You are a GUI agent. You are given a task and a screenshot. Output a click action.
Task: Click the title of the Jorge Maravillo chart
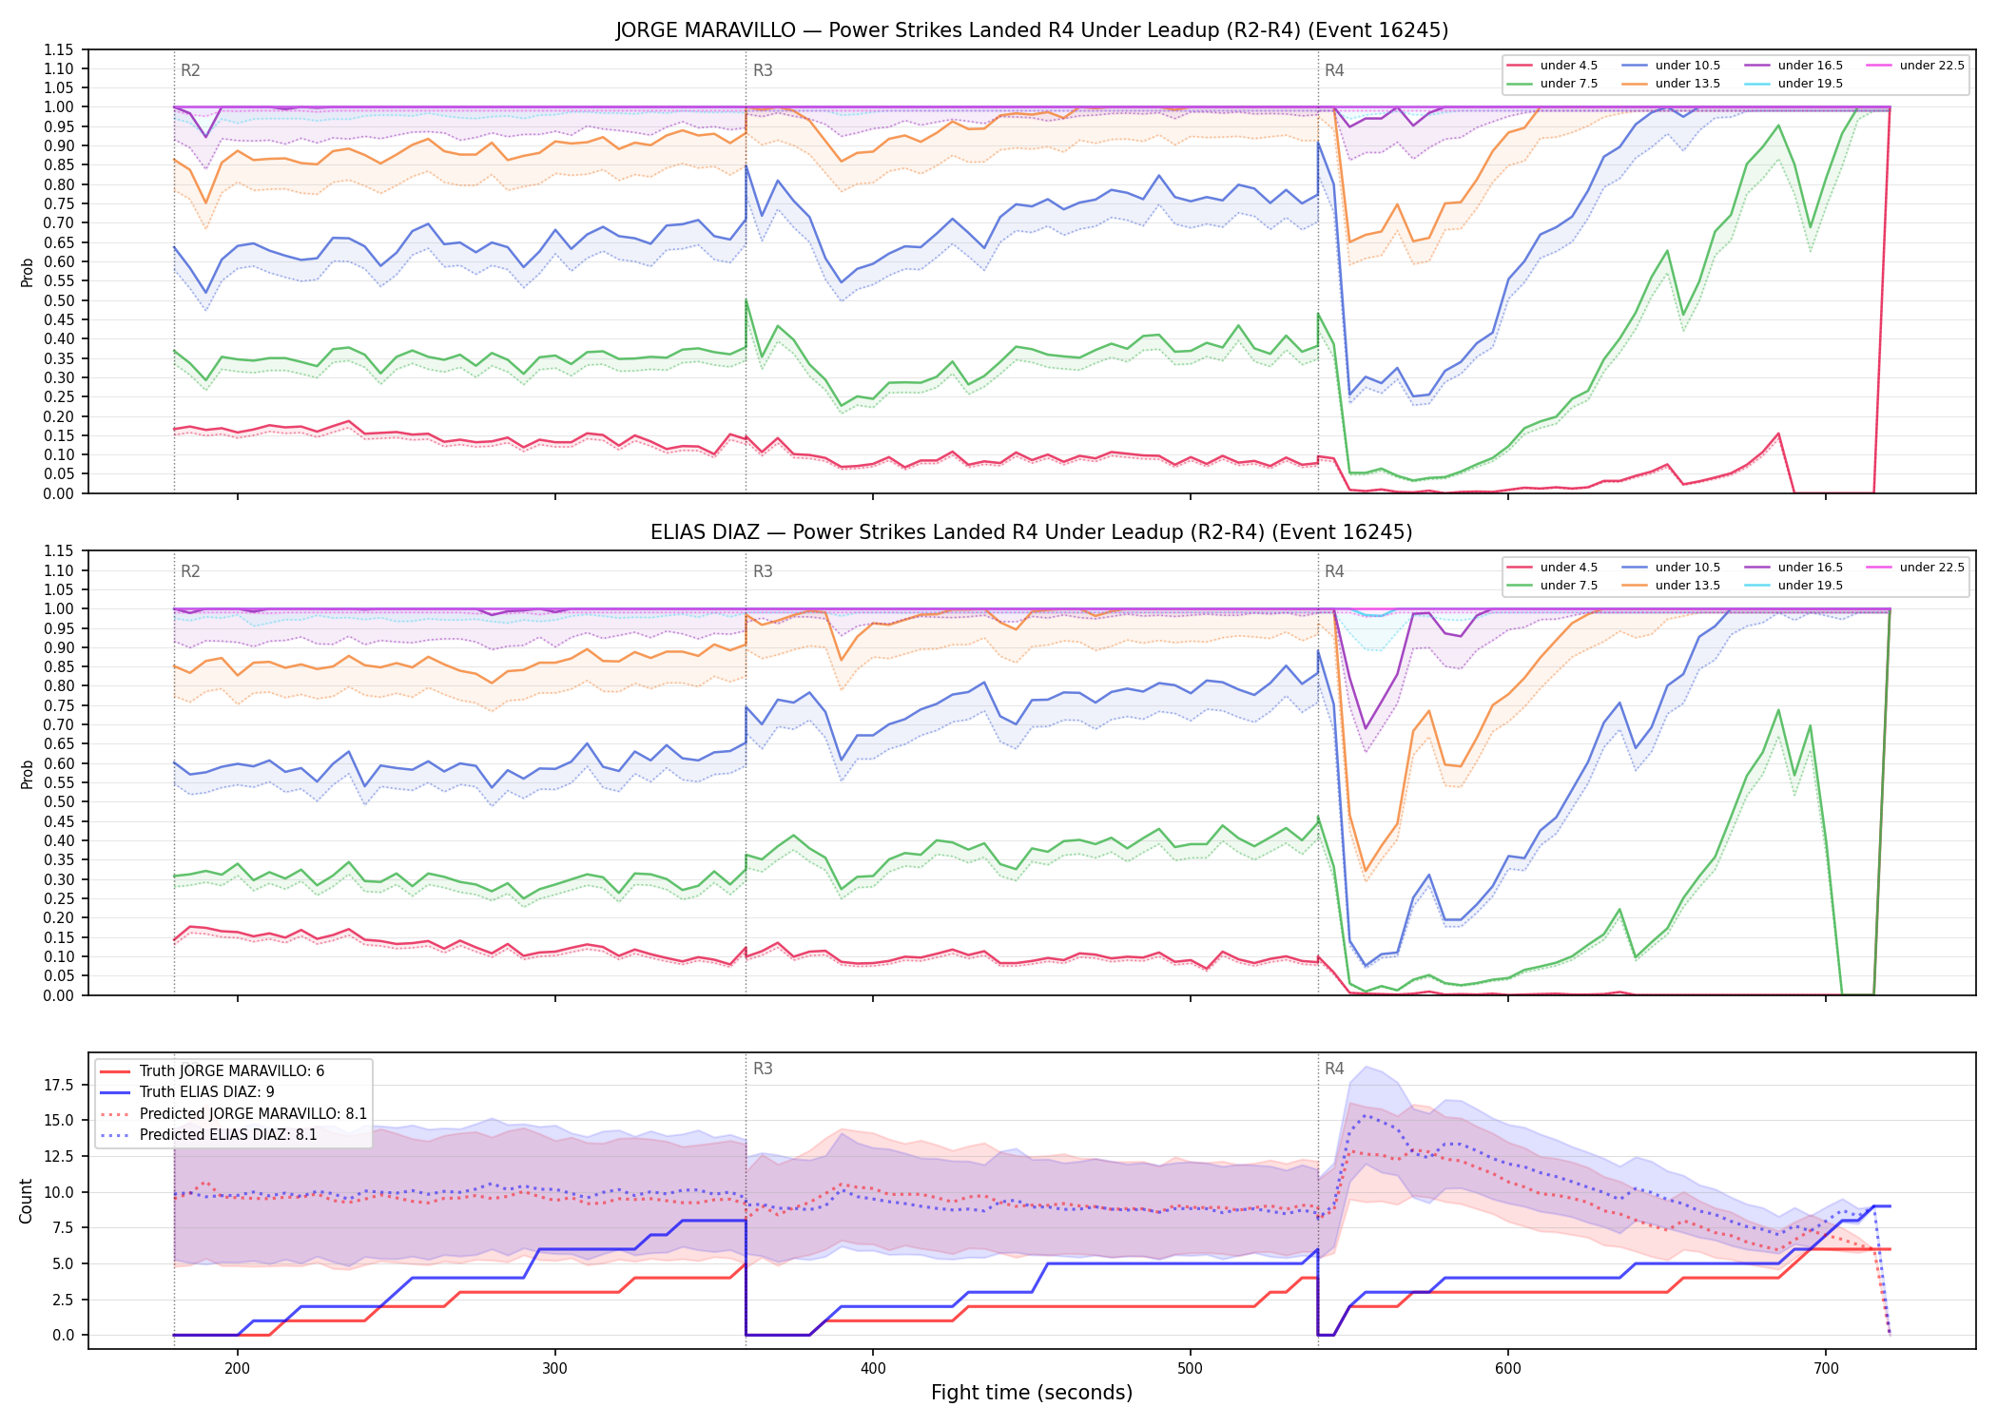coord(1032,30)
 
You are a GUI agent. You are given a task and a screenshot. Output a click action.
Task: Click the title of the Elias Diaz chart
coord(1032,532)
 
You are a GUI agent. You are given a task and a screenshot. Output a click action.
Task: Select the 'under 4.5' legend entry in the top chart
coord(1552,66)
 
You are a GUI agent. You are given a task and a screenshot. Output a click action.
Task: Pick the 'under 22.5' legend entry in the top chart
coord(1915,66)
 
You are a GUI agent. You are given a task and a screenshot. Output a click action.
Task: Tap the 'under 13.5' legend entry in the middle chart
coord(1671,586)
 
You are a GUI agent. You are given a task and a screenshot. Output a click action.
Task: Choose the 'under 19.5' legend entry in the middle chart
coord(1793,586)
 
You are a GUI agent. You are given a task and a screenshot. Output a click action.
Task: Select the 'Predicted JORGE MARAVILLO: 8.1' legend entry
coord(233,1113)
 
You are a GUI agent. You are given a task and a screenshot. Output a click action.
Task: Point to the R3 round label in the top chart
coord(763,70)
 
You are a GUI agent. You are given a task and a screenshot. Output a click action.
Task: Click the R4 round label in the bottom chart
coord(1334,1069)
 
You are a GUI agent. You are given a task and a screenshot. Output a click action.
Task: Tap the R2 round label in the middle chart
coord(190,571)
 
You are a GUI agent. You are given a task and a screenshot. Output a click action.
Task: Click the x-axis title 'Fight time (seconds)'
coord(1032,1393)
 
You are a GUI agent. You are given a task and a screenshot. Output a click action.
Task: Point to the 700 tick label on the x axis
coord(1826,1368)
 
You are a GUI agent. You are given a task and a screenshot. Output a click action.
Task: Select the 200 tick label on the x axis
coord(238,1368)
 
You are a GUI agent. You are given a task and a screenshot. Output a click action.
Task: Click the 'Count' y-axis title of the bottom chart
coord(26,1201)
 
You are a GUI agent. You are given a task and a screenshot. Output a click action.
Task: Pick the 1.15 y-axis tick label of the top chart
coord(59,49)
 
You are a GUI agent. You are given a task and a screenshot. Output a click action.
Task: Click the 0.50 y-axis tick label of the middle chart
coord(59,801)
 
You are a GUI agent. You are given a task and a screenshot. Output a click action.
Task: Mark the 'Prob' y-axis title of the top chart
coord(27,272)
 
